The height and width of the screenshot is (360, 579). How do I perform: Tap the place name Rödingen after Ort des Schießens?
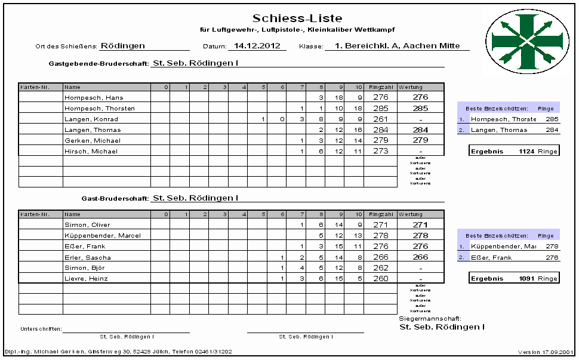pyautogui.click(x=122, y=45)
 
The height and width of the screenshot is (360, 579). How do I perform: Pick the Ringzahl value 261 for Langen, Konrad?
pyautogui.click(x=380, y=119)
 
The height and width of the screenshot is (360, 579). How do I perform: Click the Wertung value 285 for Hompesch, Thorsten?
pyautogui.click(x=420, y=108)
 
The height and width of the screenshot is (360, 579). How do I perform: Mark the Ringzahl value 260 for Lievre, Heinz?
pyautogui.click(x=380, y=278)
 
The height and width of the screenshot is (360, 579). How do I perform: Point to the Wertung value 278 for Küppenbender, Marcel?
pyautogui.click(x=420, y=235)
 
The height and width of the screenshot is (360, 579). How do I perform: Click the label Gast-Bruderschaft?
pyautogui.click(x=115, y=198)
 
